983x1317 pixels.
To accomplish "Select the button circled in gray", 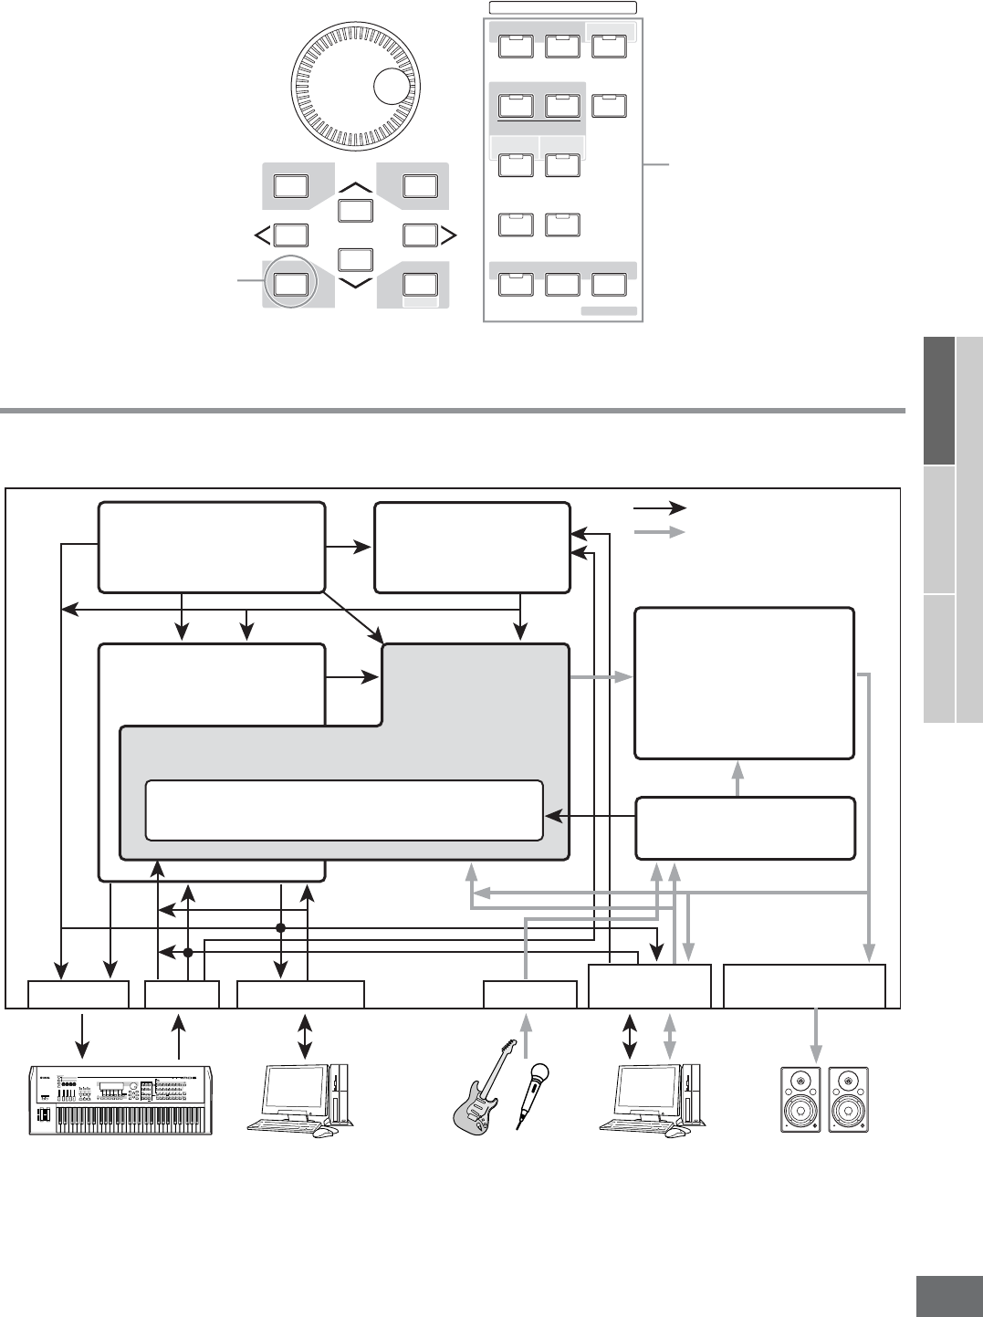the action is click(x=288, y=283).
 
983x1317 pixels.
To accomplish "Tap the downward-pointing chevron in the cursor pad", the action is click(x=355, y=283).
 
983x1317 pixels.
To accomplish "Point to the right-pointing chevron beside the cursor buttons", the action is click(x=449, y=235).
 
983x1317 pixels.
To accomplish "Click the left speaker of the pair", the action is click(x=800, y=1100).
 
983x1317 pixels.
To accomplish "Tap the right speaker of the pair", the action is click(x=848, y=1100).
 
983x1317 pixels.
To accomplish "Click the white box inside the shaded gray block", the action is click(x=344, y=809).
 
